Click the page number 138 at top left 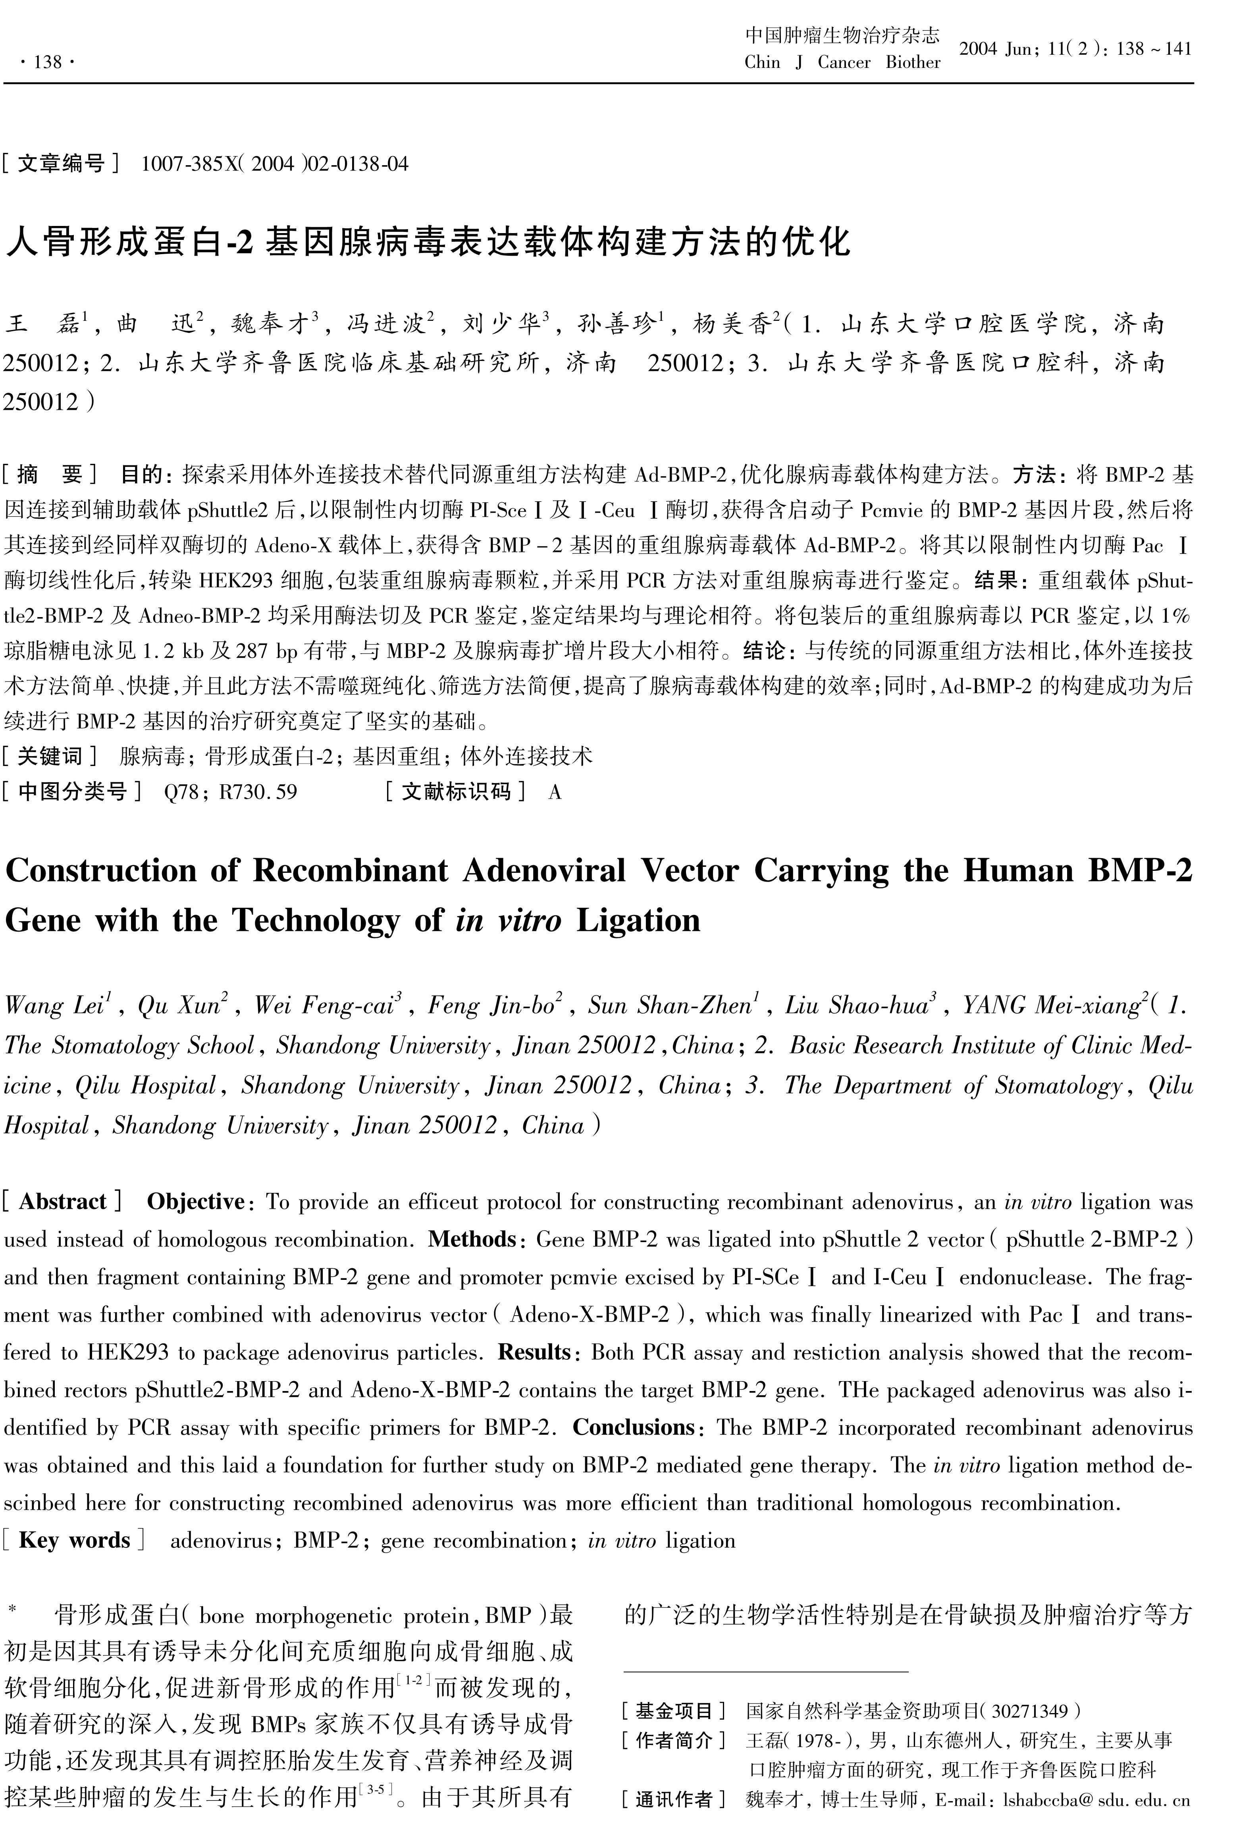tap(49, 62)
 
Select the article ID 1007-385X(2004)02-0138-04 tap(274, 164)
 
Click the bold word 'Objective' tap(196, 1201)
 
